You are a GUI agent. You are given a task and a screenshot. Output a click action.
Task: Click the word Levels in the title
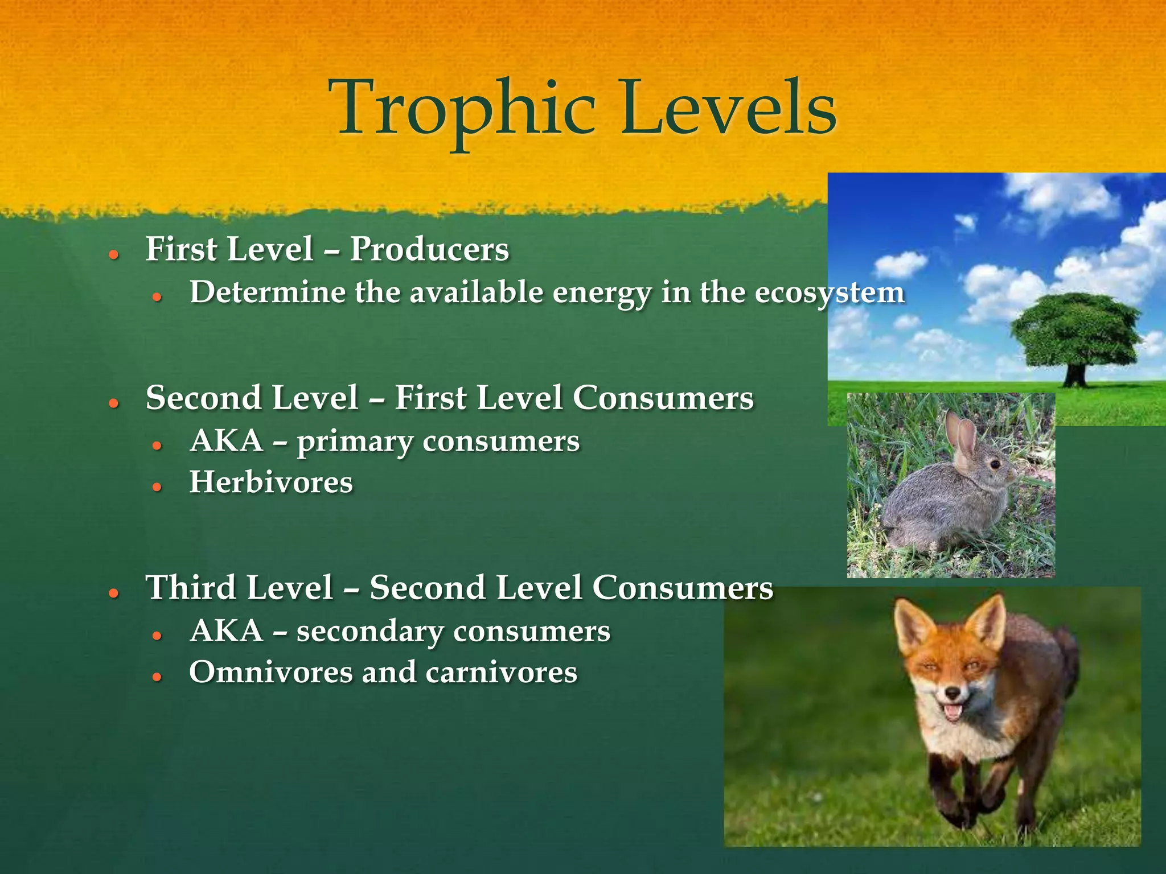tap(729, 108)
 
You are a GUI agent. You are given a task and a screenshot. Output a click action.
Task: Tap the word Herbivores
tap(271, 483)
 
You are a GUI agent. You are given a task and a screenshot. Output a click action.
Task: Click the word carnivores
tap(501, 672)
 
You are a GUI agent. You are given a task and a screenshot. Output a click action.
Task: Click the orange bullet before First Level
tap(114, 254)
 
